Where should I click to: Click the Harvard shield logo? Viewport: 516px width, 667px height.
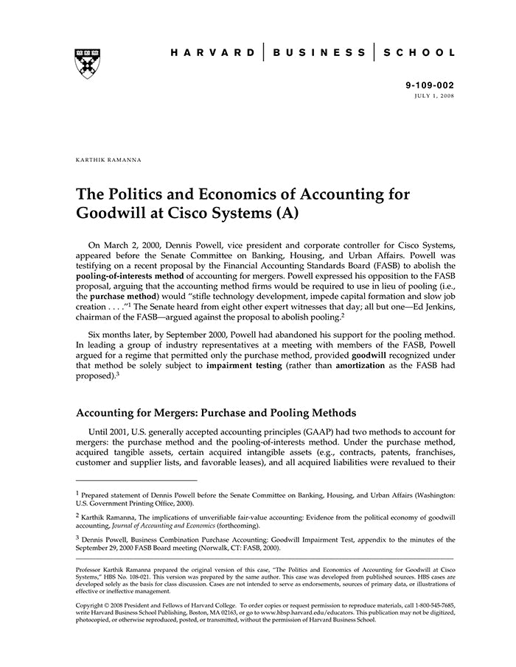[x=88, y=64]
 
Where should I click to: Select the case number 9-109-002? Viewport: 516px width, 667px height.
[x=430, y=85]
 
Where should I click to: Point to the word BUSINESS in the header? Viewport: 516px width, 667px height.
[x=319, y=53]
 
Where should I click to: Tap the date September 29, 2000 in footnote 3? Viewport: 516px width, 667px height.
[x=109, y=548]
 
